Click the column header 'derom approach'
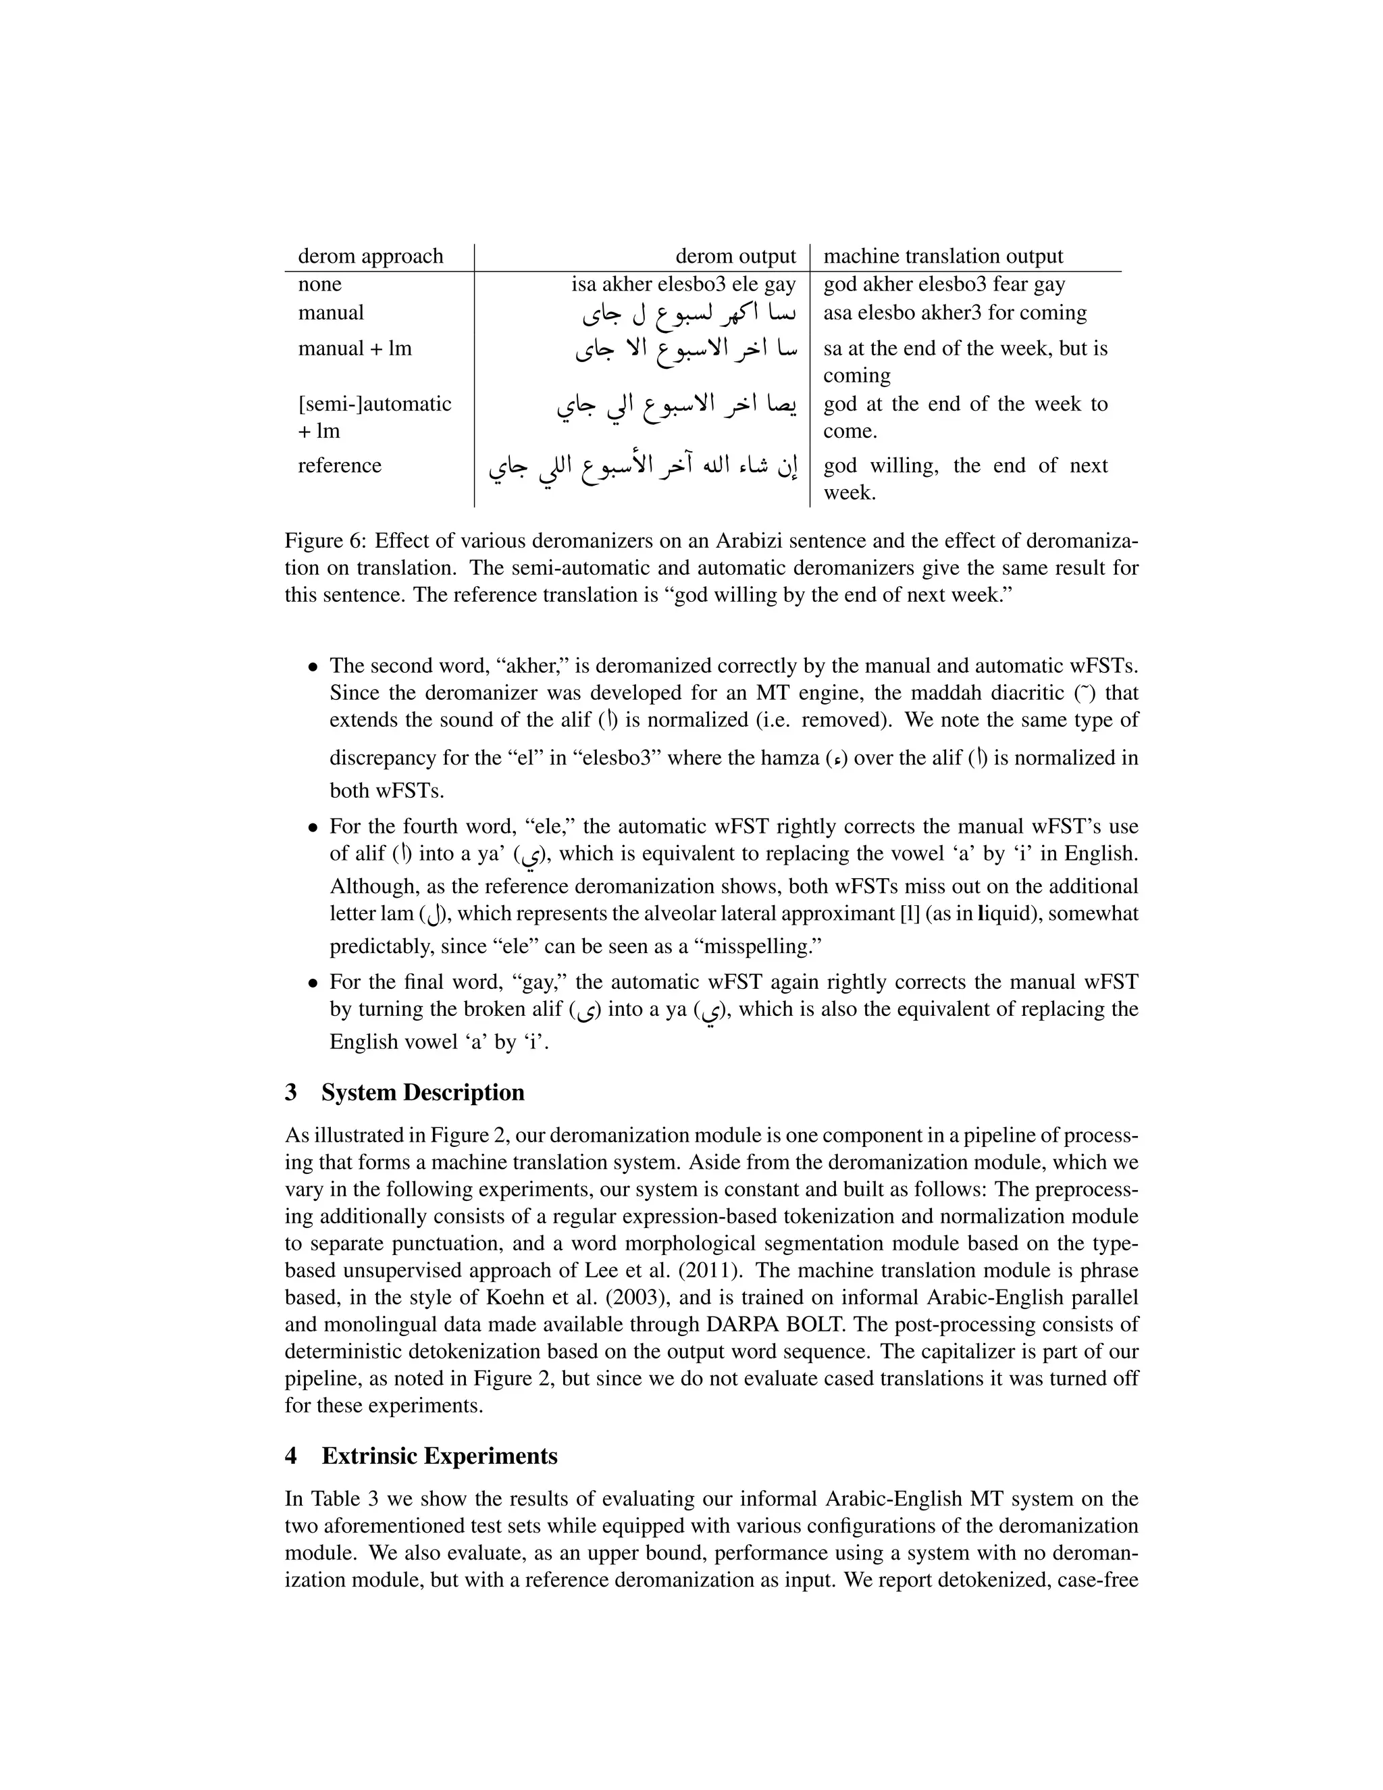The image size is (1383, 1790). click(370, 257)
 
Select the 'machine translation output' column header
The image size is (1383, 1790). click(943, 257)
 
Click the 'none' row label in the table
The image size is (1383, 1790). click(319, 284)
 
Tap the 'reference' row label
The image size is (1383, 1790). click(339, 465)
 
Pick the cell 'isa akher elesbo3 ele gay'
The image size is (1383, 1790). click(683, 284)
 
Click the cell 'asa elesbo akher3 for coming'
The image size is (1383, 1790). click(954, 313)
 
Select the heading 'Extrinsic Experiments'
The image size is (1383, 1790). click(439, 1456)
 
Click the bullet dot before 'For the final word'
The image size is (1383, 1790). click(312, 983)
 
